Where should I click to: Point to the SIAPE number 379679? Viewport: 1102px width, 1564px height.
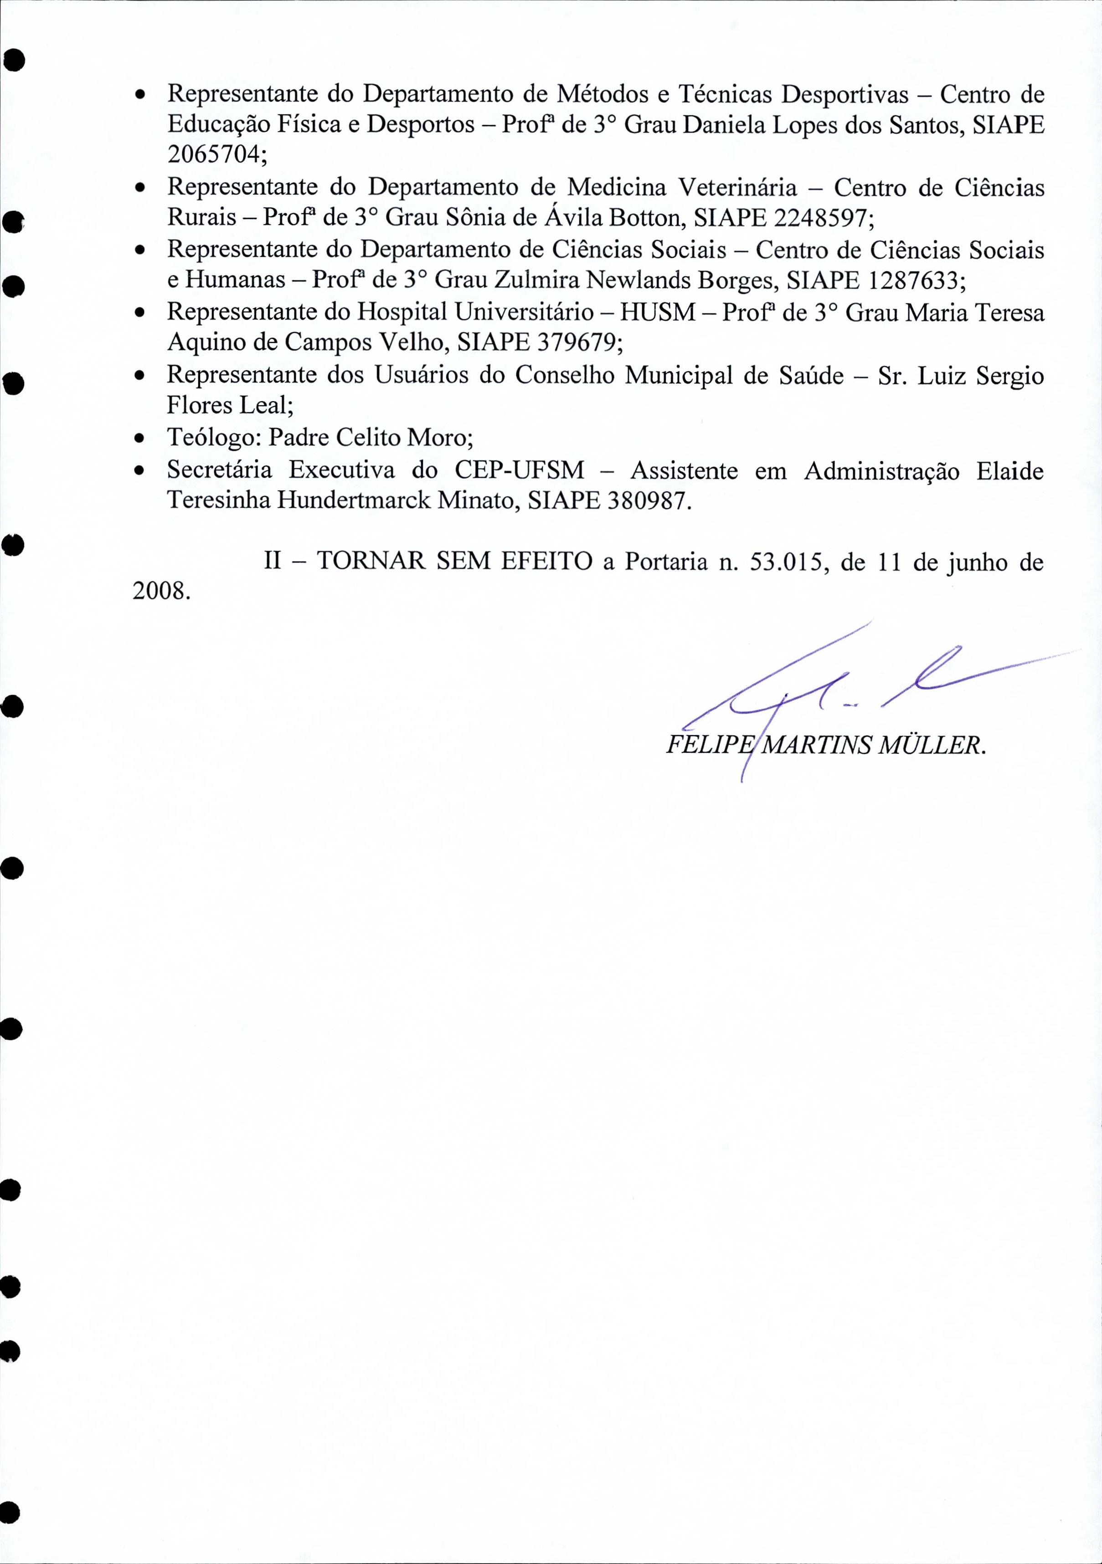pos(574,342)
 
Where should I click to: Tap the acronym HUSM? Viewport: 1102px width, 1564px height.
pos(658,312)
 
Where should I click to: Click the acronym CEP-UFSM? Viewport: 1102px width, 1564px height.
pos(519,470)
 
